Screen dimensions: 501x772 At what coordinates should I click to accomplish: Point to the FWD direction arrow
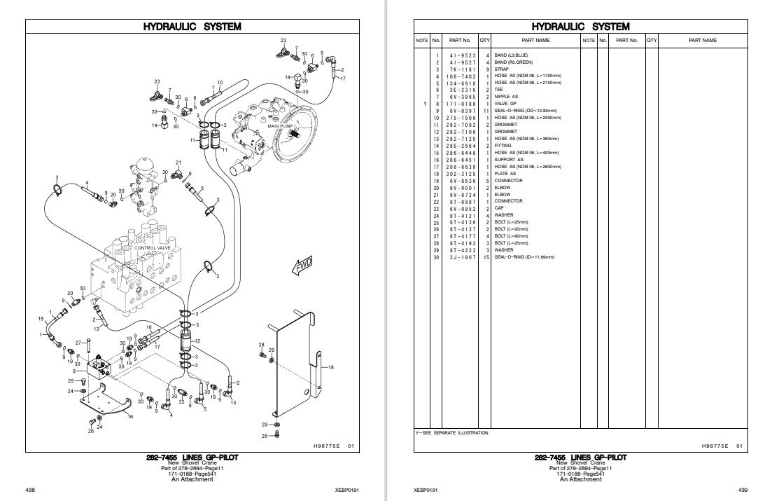click(302, 267)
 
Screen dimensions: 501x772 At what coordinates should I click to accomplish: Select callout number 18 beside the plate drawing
click(331, 367)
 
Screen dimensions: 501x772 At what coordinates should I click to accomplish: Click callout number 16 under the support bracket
click(129, 416)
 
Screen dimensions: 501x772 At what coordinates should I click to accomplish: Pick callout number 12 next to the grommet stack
click(198, 341)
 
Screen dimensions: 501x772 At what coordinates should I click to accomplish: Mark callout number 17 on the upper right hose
click(343, 79)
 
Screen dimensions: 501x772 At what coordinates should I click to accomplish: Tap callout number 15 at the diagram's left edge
click(41, 319)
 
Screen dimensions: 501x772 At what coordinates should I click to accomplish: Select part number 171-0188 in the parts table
click(461, 104)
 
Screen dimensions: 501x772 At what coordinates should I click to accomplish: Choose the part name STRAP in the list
click(502, 69)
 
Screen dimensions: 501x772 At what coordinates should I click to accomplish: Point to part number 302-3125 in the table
click(461, 173)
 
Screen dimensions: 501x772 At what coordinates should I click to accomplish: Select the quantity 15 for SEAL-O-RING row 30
click(485, 257)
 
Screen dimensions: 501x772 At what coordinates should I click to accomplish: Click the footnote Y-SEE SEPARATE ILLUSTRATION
click(451, 433)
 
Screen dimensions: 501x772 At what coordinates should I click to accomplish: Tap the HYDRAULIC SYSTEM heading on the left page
click(192, 27)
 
